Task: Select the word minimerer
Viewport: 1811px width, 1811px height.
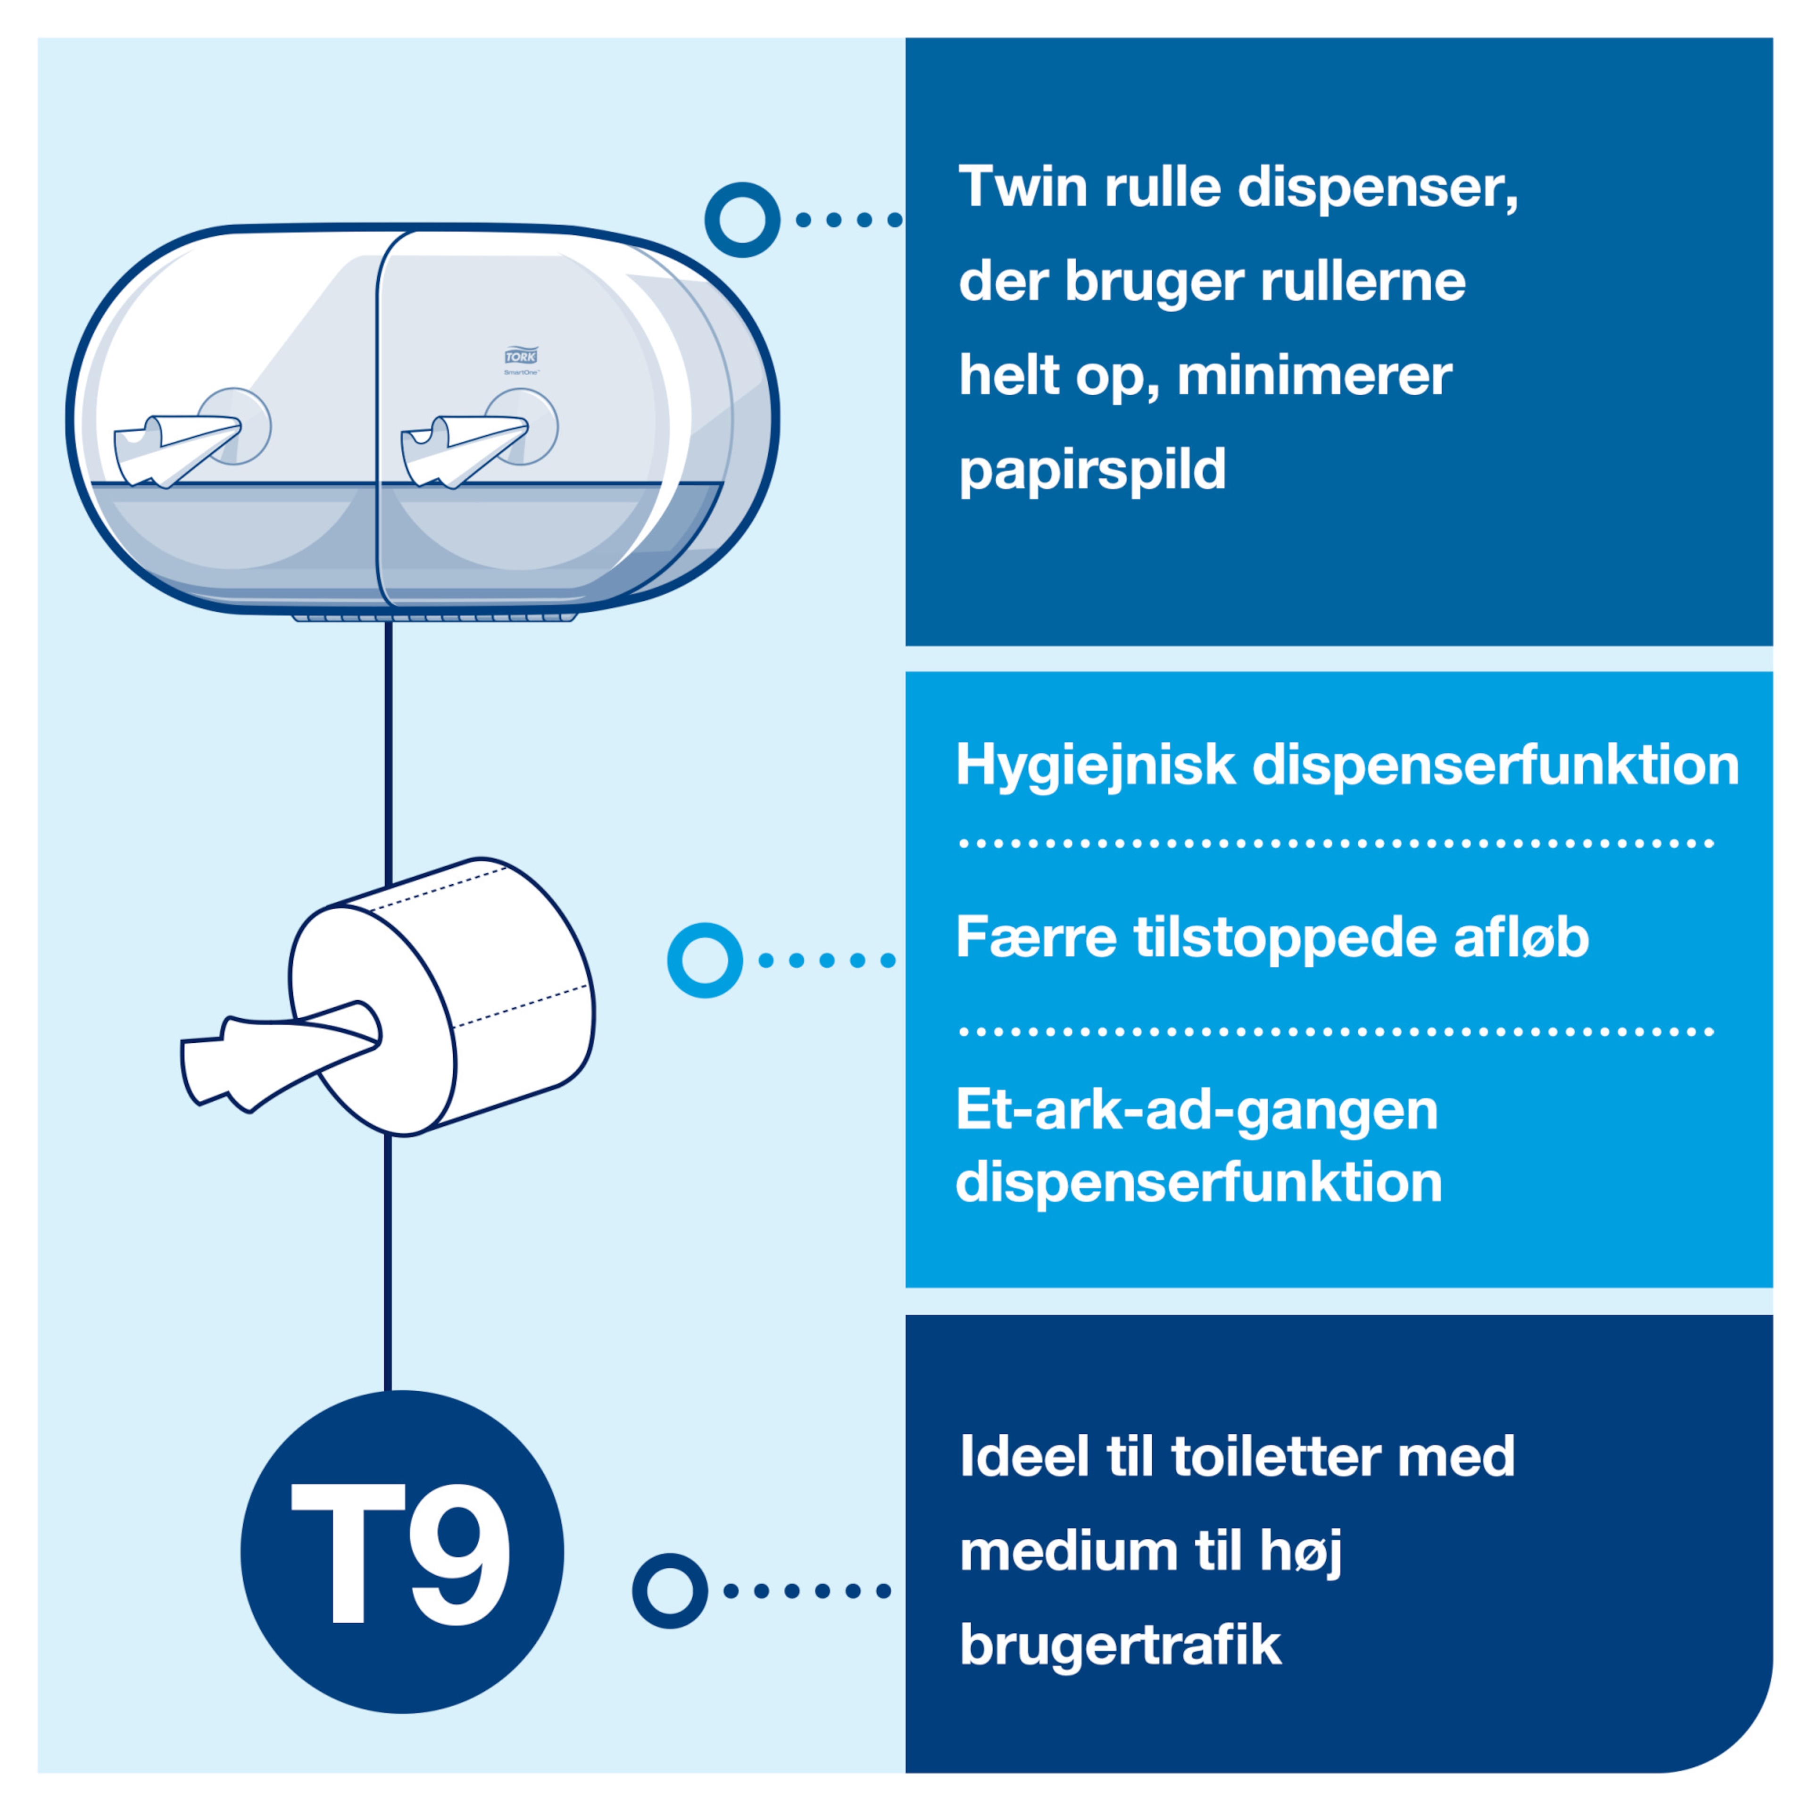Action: click(1314, 376)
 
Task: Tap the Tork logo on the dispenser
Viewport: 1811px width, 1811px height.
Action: click(521, 356)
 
